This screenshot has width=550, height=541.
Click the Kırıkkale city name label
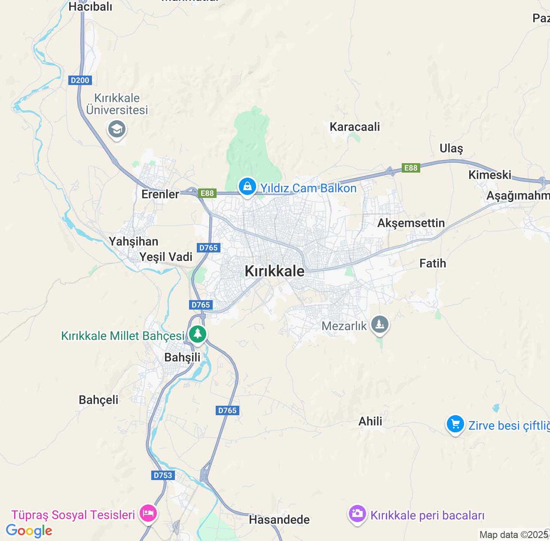(x=275, y=271)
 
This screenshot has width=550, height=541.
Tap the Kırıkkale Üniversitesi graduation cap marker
(x=117, y=129)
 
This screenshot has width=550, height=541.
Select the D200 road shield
(x=80, y=80)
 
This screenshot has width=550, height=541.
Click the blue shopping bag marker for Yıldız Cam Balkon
(x=247, y=187)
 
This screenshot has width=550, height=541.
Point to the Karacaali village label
(x=355, y=127)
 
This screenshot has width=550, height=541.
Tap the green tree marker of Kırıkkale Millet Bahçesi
(x=198, y=334)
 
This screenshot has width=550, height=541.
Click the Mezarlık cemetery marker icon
(x=379, y=324)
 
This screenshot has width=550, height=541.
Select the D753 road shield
(x=163, y=475)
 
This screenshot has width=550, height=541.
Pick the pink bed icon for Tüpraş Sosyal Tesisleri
(x=148, y=513)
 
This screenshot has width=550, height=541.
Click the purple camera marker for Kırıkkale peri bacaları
(x=357, y=514)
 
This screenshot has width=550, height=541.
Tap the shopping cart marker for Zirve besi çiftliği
(x=455, y=424)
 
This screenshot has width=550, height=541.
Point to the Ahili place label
(x=370, y=421)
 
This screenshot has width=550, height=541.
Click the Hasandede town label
(x=279, y=520)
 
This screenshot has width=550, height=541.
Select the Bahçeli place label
(x=99, y=400)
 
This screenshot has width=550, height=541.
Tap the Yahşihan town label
(x=134, y=241)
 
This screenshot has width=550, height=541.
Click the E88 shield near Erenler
(x=207, y=193)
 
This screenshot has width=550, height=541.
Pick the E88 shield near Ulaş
(x=411, y=168)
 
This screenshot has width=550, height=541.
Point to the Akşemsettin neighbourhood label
(x=411, y=223)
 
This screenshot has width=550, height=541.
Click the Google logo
(x=29, y=531)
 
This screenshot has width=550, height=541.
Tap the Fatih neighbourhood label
(x=433, y=263)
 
